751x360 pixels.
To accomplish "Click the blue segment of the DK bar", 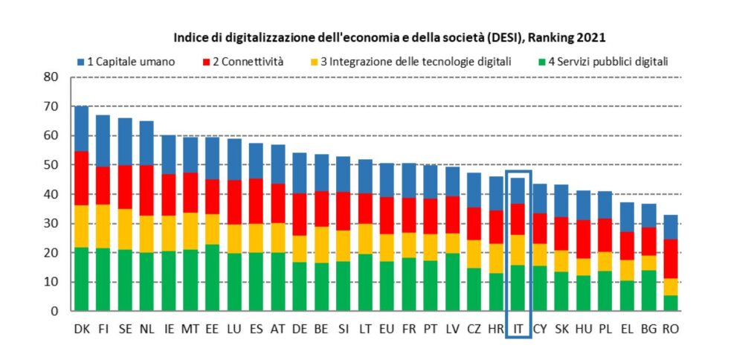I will click(82, 129).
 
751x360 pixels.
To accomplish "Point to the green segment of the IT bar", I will click(518, 288).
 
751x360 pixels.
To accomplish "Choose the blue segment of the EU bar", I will click(387, 180).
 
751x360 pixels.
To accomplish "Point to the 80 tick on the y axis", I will click(51, 77).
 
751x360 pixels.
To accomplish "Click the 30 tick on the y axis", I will click(51, 223).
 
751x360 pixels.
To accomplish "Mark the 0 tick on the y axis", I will click(54, 311).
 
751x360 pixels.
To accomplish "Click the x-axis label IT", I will click(518, 327).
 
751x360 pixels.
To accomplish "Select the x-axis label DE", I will click(300, 327).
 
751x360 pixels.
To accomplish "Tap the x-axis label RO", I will click(671, 327).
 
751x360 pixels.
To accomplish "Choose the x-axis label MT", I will click(190, 327).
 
